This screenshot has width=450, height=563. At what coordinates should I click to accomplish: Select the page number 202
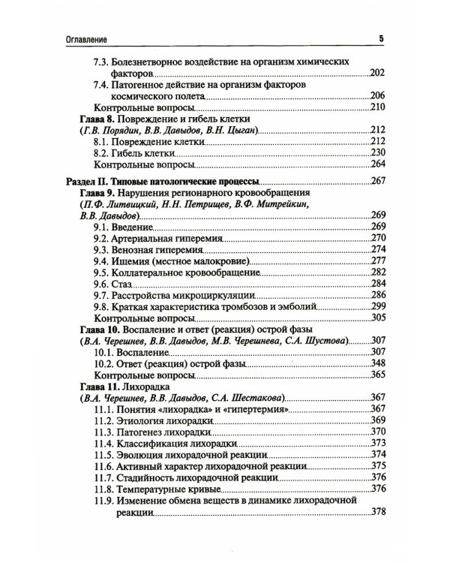click(x=377, y=74)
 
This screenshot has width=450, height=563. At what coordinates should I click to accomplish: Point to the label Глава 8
click(x=97, y=119)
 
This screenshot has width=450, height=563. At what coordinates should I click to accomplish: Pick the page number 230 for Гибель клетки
click(x=377, y=152)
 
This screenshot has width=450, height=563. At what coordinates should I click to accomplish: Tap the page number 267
click(x=377, y=182)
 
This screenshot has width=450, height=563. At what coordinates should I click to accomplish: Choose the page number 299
click(x=377, y=306)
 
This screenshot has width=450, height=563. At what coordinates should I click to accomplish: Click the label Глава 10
click(x=99, y=329)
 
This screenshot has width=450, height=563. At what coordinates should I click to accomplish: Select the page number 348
click(x=377, y=363)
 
